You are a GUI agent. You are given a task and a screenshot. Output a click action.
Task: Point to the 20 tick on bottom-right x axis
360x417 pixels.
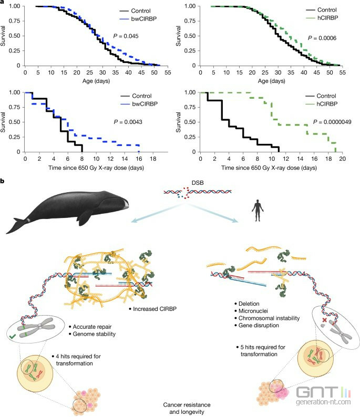[x=341, y=158]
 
